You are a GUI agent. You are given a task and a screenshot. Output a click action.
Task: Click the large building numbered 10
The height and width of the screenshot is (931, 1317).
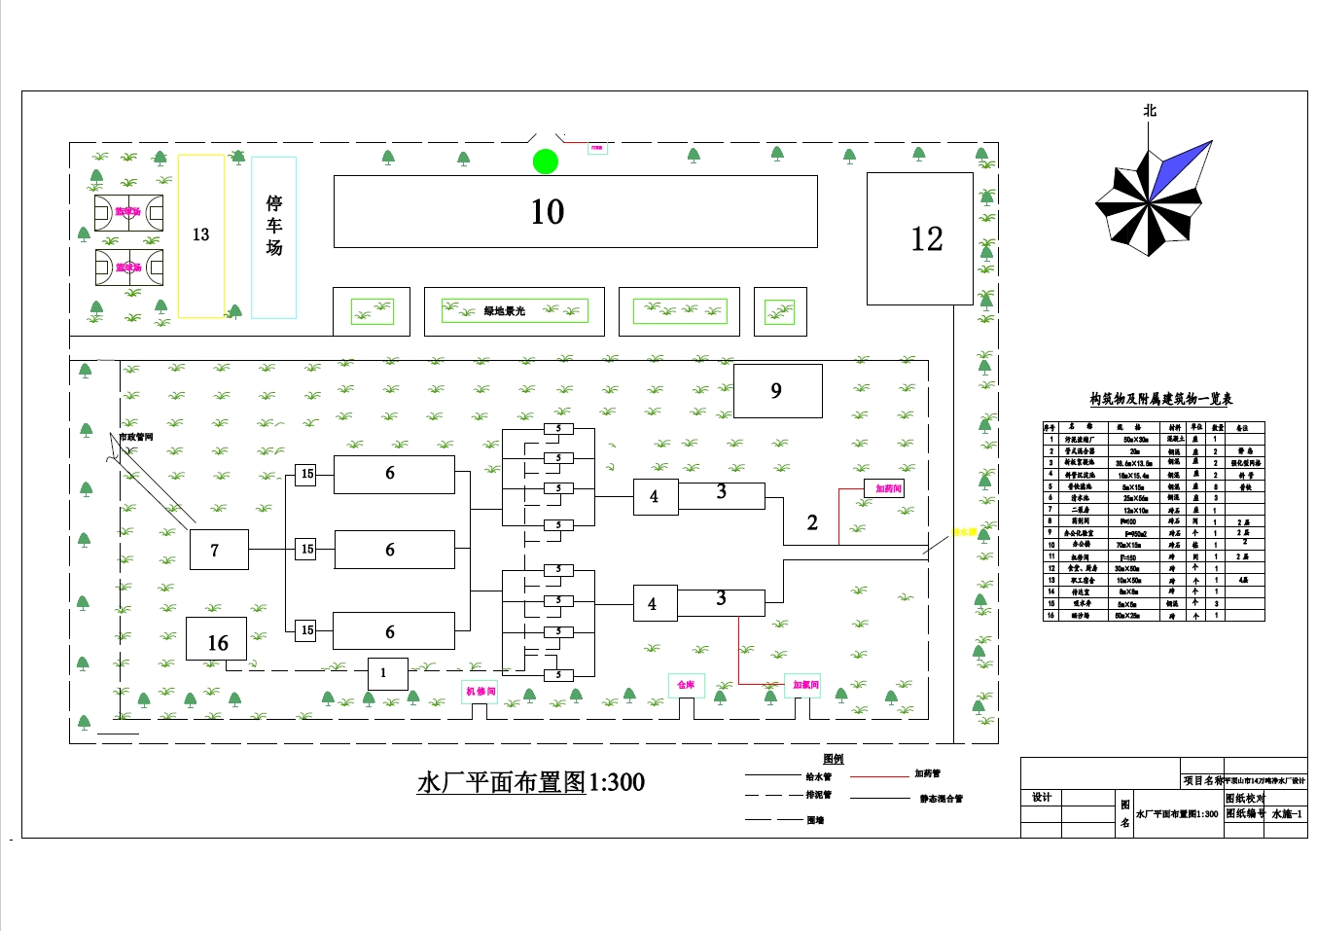click(575, 212)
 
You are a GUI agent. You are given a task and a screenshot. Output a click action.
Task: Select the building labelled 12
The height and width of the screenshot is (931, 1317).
click(919, 238)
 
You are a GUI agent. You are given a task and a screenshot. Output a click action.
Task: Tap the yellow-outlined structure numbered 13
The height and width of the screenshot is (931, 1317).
click(201, 235)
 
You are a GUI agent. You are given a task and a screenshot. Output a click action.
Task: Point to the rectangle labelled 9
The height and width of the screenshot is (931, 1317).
click(777, 390)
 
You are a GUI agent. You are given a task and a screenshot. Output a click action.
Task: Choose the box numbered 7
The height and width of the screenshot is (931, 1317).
click(218, 550)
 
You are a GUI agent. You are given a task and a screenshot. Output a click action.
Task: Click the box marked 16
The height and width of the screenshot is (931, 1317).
click(216, 639)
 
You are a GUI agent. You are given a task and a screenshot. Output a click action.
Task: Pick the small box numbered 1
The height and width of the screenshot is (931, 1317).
click(387, 673)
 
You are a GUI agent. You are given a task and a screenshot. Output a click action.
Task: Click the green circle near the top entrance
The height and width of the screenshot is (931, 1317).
click(546, 161)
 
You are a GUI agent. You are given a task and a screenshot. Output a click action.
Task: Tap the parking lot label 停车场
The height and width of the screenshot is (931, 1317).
click(274, 226)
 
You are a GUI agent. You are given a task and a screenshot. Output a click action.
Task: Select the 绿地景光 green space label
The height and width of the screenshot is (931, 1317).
click(505, 311)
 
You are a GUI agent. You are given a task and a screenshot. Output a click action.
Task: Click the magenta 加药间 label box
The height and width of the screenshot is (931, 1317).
click(884, 488)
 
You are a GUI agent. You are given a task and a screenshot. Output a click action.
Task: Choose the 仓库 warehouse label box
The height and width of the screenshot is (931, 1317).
click(686, 685)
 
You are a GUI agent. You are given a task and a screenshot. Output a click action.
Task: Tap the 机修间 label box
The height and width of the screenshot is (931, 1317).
click(480, 692)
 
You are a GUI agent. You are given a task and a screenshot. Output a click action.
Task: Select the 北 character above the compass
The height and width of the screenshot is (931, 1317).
click(1150, 111)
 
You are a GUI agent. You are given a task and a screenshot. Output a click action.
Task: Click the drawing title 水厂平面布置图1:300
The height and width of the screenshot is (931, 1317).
click(530, 782)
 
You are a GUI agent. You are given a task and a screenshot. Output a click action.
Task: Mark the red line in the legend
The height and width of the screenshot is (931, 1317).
click(878, 776)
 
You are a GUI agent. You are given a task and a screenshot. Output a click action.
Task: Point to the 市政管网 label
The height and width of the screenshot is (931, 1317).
click(136, 437)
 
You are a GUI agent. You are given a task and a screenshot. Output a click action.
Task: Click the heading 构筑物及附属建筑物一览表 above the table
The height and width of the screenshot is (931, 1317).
click(1160, 399)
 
